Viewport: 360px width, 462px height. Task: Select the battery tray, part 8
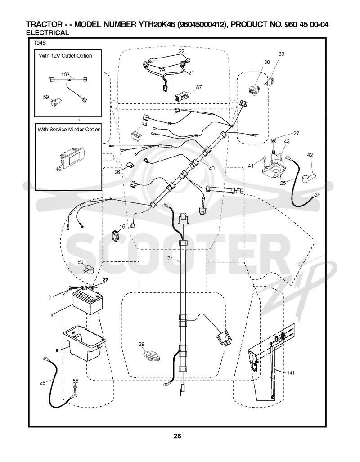click(84, 343)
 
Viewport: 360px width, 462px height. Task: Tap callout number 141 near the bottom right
click(291, 373)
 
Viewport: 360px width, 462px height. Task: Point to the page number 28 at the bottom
click(177, 436)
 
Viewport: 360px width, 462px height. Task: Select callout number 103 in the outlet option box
click(65, 75)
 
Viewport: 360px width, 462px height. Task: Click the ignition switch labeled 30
click(254, 88)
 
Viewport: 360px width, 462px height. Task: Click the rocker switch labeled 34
click(137, 135)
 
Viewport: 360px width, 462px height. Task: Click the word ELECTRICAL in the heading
click(48, 33)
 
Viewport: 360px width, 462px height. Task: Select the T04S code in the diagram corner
click(40, 43)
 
